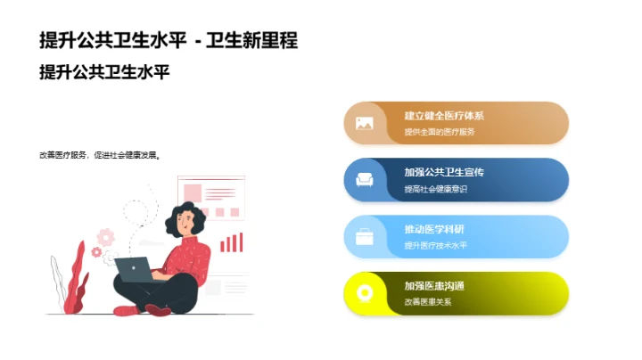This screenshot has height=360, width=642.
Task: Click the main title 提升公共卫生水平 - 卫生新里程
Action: (169, 40)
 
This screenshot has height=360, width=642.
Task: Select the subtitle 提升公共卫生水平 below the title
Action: (104, 72)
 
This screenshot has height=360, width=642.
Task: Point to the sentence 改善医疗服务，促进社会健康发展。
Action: (100, 154)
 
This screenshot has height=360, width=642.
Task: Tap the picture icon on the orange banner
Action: (364, 123)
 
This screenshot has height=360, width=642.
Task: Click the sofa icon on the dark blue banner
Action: (364, 180)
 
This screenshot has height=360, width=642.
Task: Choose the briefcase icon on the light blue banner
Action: (364, 237)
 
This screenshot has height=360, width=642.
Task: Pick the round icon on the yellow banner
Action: (364, 293)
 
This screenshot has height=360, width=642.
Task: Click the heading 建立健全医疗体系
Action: (444, 116)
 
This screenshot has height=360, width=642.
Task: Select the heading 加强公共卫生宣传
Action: (444, 172)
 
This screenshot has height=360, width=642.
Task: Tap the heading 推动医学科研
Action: (433, 229)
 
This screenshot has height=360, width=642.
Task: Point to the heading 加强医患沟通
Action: (433, 286)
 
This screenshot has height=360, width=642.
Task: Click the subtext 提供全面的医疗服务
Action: (440, 132)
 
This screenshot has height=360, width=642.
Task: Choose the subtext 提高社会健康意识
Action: (435, 189)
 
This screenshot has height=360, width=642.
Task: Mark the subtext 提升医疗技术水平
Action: (435, 245)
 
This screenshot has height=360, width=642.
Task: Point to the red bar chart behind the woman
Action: (232, 242)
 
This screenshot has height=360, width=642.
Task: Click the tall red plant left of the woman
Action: (77, 276)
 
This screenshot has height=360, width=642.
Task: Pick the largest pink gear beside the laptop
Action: (106, 237)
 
